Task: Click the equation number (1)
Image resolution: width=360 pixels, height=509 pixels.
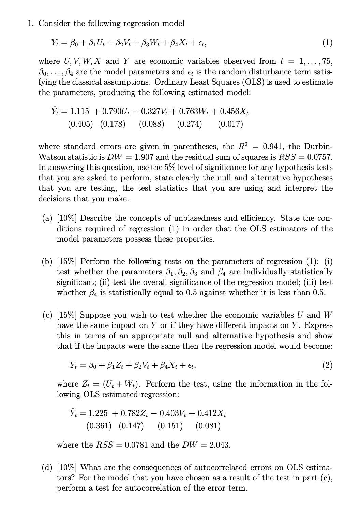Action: tap(327, 43)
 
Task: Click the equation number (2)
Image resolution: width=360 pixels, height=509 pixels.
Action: tap(327, 366)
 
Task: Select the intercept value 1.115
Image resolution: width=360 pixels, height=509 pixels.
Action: tap(79, 112)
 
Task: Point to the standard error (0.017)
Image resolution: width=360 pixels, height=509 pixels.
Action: tap(230, 124)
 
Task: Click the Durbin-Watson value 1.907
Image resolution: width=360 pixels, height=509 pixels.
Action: tap(145, 157)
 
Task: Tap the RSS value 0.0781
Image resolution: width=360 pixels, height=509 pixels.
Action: tap(136, 445)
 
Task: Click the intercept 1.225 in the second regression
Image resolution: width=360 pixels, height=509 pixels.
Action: tap(98, 413)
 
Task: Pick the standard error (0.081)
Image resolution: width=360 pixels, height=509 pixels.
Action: tap(208, 426)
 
